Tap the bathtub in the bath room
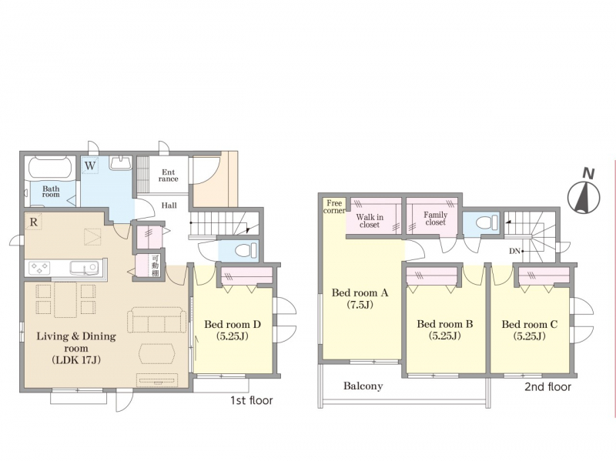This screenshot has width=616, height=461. point(49,169)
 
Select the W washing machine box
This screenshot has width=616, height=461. point(90,165)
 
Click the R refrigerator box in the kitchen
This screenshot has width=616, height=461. point(33,222)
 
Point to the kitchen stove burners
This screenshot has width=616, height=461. point(39,268)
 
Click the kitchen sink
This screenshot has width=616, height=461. point(84,268)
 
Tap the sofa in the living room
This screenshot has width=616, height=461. point(157,320)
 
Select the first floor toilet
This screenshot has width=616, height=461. point(246,250)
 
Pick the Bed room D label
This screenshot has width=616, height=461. point(233,330)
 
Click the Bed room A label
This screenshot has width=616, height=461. point(360,298)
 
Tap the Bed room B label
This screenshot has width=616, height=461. point(445,330)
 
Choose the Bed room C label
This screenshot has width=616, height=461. point(530,330)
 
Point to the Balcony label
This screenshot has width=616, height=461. point(363,386)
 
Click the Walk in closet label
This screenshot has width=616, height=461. point(370,221)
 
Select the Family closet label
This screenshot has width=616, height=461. point(435,219)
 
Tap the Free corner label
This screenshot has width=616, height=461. point(334,207)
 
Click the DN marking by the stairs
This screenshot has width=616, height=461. point(514,251)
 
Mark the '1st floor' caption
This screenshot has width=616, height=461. point(252,400)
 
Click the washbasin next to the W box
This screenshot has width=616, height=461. point(121,163)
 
